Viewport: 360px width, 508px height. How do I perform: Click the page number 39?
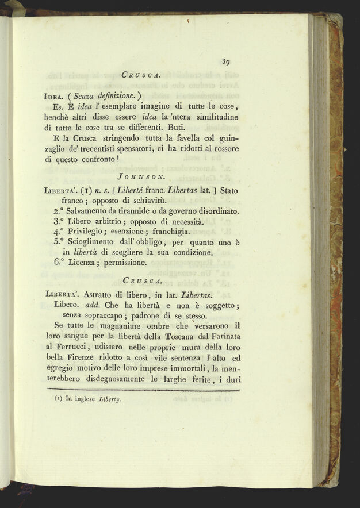(226, 62)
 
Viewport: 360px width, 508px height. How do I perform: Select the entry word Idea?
(53, 97)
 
